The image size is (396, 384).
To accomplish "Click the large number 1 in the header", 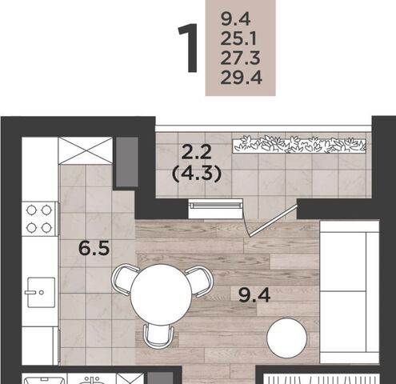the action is (x=189, y=48).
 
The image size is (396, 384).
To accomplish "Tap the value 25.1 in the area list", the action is (x=238, y=38).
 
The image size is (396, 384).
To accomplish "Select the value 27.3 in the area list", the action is (x=240, y=58).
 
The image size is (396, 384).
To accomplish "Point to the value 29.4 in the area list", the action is (x=242, y=78).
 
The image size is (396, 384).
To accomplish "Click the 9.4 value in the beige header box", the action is (x=236, y=19).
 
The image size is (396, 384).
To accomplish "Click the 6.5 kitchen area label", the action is (x=94, y=248).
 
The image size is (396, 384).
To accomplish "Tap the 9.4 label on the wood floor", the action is (x=254, y=295).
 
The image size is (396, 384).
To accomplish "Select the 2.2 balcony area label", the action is (x=196, y=152).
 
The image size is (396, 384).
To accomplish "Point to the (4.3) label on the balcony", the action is (x=197, y=174).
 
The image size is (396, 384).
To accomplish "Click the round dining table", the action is (x=161, y=294).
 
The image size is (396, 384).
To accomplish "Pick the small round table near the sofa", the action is (x=287, y=338).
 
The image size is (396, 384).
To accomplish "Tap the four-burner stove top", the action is (x=39, y=219).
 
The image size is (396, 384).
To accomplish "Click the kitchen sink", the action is (x=41, y=293).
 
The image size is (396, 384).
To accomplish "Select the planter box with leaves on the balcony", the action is (x=299, y=145).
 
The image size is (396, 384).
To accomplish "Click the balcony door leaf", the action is (x=273, y=221).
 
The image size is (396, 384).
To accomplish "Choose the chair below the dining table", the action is (x=158, y=335).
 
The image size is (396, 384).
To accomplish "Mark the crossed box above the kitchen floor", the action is (x=86, y=150).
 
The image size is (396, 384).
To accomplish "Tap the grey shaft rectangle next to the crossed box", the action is (x=127, y=162).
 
